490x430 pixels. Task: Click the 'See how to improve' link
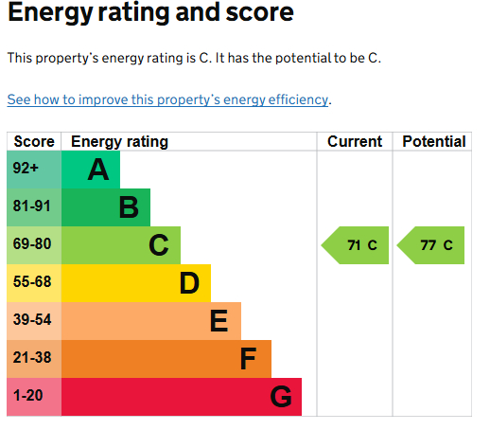point(167,99)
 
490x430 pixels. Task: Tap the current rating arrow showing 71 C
point(355,245)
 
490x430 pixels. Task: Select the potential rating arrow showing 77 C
point(430,245)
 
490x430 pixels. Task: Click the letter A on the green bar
point(98,170)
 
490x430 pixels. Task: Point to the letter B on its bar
point(129,207)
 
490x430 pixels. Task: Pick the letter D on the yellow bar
point(189,283)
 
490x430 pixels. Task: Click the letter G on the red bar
point(281,397)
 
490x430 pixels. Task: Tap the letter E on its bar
point(219,321)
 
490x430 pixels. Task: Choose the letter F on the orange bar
point(248,359)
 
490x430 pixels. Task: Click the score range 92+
point(26,168)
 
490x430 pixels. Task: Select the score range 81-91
point(32,206)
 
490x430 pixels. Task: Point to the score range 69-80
point(32,243)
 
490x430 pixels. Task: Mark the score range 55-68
point(32,281)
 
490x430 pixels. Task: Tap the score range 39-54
point(32,319)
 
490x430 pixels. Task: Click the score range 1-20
point(27,395)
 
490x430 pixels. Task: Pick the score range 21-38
point(32,357)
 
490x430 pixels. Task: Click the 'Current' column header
point(355,141)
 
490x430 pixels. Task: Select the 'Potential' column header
point(434,141)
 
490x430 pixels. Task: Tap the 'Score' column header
point(34,141)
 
